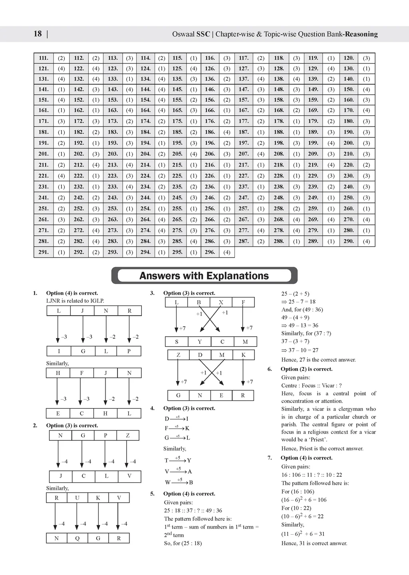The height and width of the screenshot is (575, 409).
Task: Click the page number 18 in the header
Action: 38,34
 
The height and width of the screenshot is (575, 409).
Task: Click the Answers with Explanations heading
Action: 204,276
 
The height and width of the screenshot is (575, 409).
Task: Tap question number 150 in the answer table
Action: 348,89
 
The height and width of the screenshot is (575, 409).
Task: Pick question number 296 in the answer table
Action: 210,252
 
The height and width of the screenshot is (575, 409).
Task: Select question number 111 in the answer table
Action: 43,58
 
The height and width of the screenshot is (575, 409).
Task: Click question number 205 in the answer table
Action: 177,154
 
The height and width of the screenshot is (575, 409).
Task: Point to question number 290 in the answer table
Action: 348,241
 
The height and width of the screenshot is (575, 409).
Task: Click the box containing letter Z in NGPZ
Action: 128,435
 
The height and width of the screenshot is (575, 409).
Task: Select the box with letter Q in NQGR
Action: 77,538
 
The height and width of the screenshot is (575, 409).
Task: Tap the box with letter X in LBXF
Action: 221,302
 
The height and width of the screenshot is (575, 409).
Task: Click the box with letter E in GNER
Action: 221,395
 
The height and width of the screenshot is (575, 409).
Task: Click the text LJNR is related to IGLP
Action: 75,301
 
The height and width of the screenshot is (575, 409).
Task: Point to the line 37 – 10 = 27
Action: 300,350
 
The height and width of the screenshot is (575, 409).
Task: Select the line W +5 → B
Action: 179,482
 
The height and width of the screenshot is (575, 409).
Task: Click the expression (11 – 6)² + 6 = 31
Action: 303,533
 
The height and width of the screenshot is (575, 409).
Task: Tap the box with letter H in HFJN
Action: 58,373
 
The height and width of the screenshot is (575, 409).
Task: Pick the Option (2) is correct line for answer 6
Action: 306,369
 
